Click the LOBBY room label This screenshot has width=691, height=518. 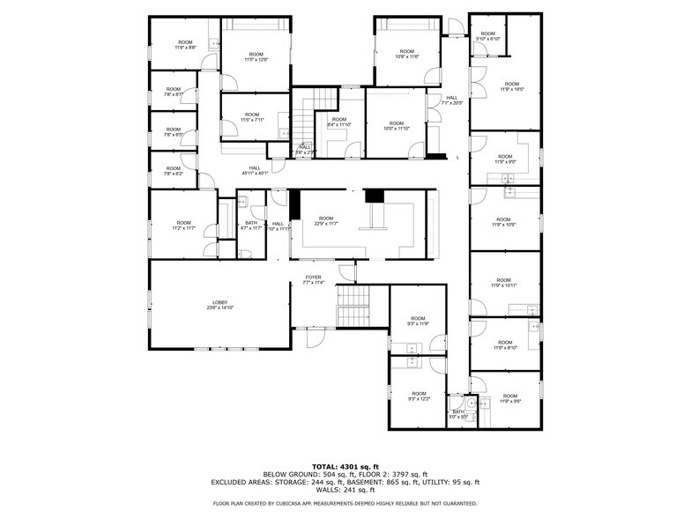pos(219,305)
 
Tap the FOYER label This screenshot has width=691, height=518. pos(314,280)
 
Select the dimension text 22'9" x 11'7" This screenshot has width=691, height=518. pos(326,221)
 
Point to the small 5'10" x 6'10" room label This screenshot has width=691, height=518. pos(487,36)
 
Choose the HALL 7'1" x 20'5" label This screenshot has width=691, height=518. pos(451,100)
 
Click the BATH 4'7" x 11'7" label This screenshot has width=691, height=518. pos(251,226)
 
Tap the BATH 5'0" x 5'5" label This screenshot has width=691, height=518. pos(458,414)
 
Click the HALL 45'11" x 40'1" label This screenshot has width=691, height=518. pos(255,171)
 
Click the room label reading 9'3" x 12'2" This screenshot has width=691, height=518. pos(418,396)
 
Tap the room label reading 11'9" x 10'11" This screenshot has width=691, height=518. pos(504,283)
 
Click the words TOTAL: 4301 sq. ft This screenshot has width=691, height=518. pos(345,466)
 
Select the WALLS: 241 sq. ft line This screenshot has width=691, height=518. pos(345,490)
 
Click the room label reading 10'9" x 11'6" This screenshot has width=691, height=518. pos(407,54)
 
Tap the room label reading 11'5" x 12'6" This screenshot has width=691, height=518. pos(256,57)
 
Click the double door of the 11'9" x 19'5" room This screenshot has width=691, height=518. pos(476,88)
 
